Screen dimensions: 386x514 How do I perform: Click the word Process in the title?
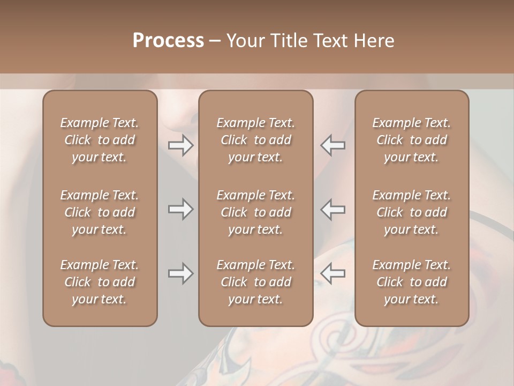point(168,41)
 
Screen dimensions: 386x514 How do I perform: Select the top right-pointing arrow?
point(180,145)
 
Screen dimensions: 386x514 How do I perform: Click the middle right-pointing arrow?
point(180,209)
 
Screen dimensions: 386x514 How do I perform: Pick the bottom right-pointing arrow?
point(180,273)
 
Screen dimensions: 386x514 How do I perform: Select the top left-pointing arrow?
point(333,145)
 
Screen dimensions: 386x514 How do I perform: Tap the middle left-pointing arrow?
point(333,209)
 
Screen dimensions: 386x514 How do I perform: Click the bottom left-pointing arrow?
point(333,273)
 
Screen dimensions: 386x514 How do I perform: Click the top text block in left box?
point(100,140)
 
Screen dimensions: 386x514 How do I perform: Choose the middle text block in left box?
point(100,212)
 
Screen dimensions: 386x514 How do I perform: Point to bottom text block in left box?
point(100,282)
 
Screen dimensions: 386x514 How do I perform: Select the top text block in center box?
point(255,140)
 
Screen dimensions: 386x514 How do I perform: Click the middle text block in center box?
point(255,212)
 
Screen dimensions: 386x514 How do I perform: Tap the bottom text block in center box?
point(255,282)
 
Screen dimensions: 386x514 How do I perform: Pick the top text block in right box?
point(411,140)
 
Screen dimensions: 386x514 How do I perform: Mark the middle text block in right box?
point(411,212)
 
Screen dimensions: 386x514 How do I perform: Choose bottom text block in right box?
point(411,282)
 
